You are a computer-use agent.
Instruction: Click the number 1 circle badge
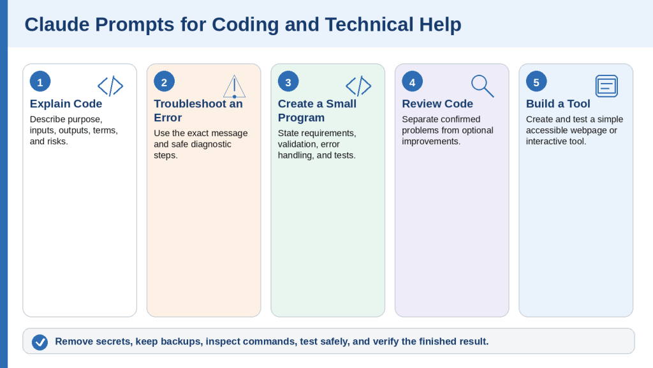tap(40, 82)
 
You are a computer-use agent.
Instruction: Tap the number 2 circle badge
tap(164, 82)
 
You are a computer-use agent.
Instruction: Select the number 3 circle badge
tap(288, 82)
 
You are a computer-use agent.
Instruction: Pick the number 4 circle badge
tap(413, 82)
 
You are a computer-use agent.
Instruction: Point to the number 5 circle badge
tap(536, 82)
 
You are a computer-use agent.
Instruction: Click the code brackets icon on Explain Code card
tap(110, 86)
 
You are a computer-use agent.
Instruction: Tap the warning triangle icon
tap(235, 86)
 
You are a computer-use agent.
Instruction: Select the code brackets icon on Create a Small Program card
tap(358, 86)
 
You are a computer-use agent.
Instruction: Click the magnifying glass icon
tap(483, 86)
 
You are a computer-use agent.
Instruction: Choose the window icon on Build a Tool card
tap(607, 86)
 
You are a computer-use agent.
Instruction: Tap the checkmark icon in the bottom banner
tap(40, 342)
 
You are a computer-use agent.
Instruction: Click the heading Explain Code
tap(66, 103)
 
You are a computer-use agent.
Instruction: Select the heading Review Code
tap(437, 103)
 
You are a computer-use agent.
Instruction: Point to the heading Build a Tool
tap(558, 103)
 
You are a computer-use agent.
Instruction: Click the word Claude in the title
tap(57, 24)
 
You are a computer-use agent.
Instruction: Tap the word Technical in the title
tap(370, 24)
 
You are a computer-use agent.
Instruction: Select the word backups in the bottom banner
tap(182, 341)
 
